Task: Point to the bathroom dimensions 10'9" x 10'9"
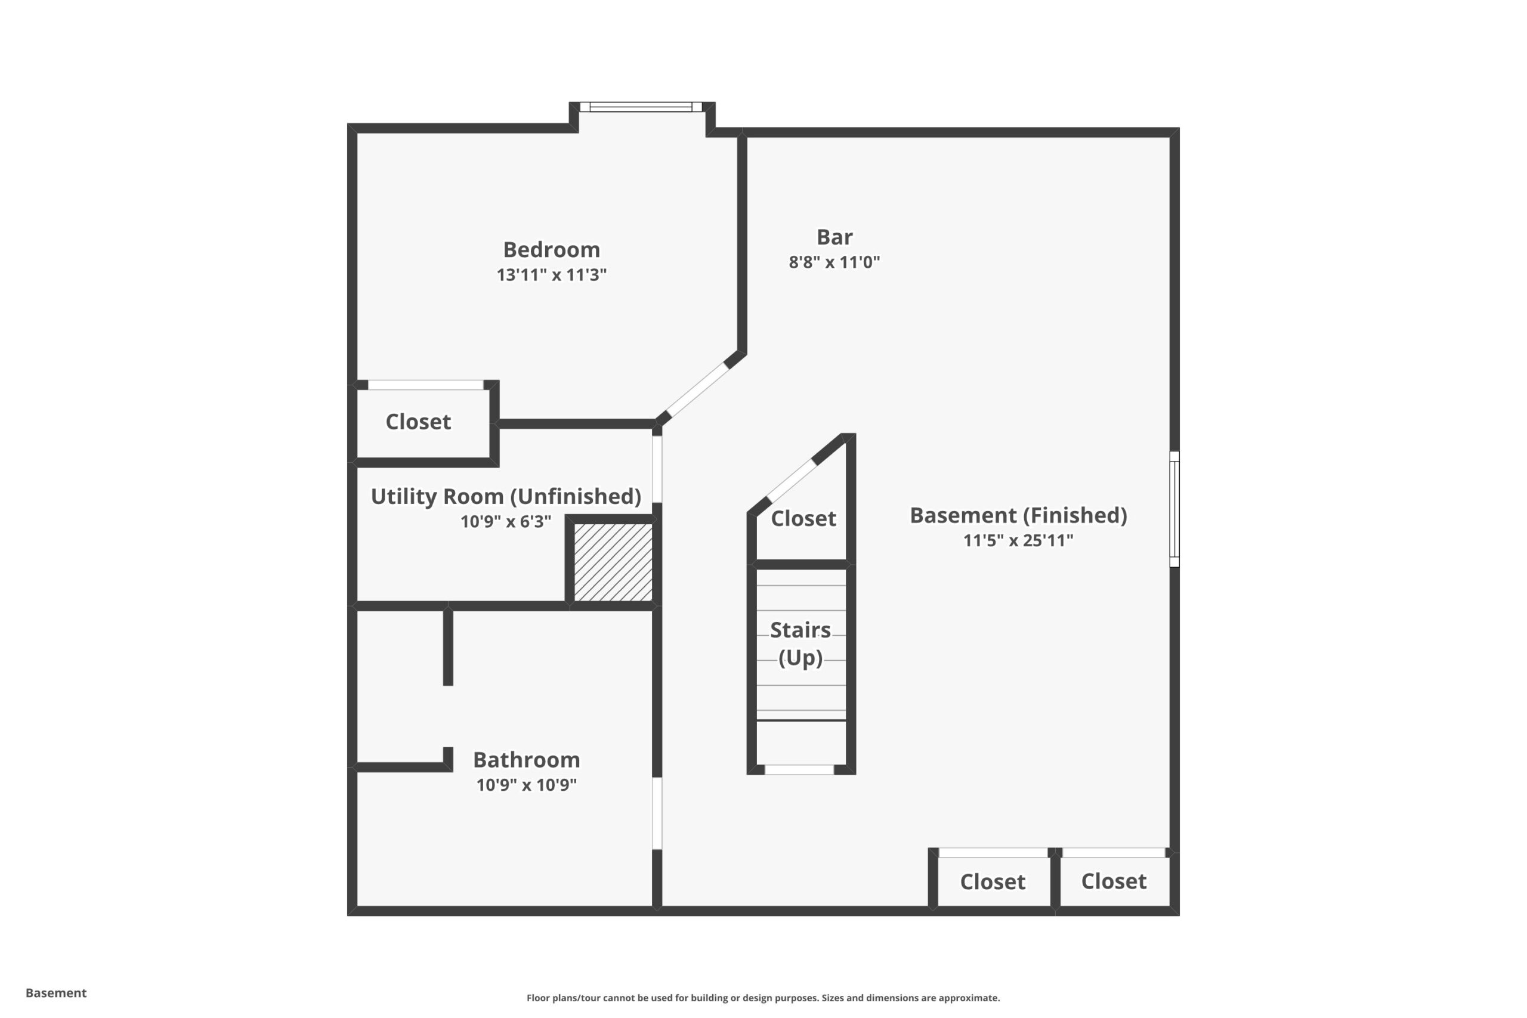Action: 527,785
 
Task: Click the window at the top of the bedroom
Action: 641,107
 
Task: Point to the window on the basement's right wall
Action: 1174,509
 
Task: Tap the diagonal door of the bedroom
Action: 697,389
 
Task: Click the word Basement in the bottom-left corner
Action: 56,993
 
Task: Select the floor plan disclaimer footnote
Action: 763,998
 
